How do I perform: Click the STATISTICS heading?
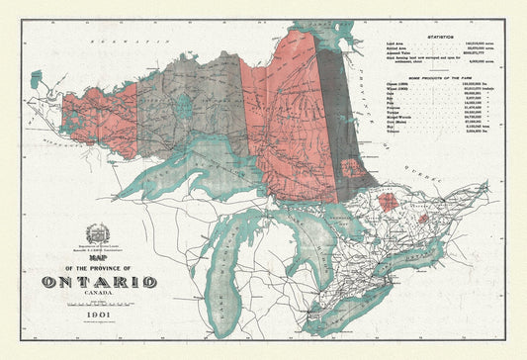click(446, 36)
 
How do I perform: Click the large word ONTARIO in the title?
click(99, 283)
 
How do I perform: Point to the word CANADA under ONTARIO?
click(99, 295)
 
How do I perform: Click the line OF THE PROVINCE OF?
click(98, 271)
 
